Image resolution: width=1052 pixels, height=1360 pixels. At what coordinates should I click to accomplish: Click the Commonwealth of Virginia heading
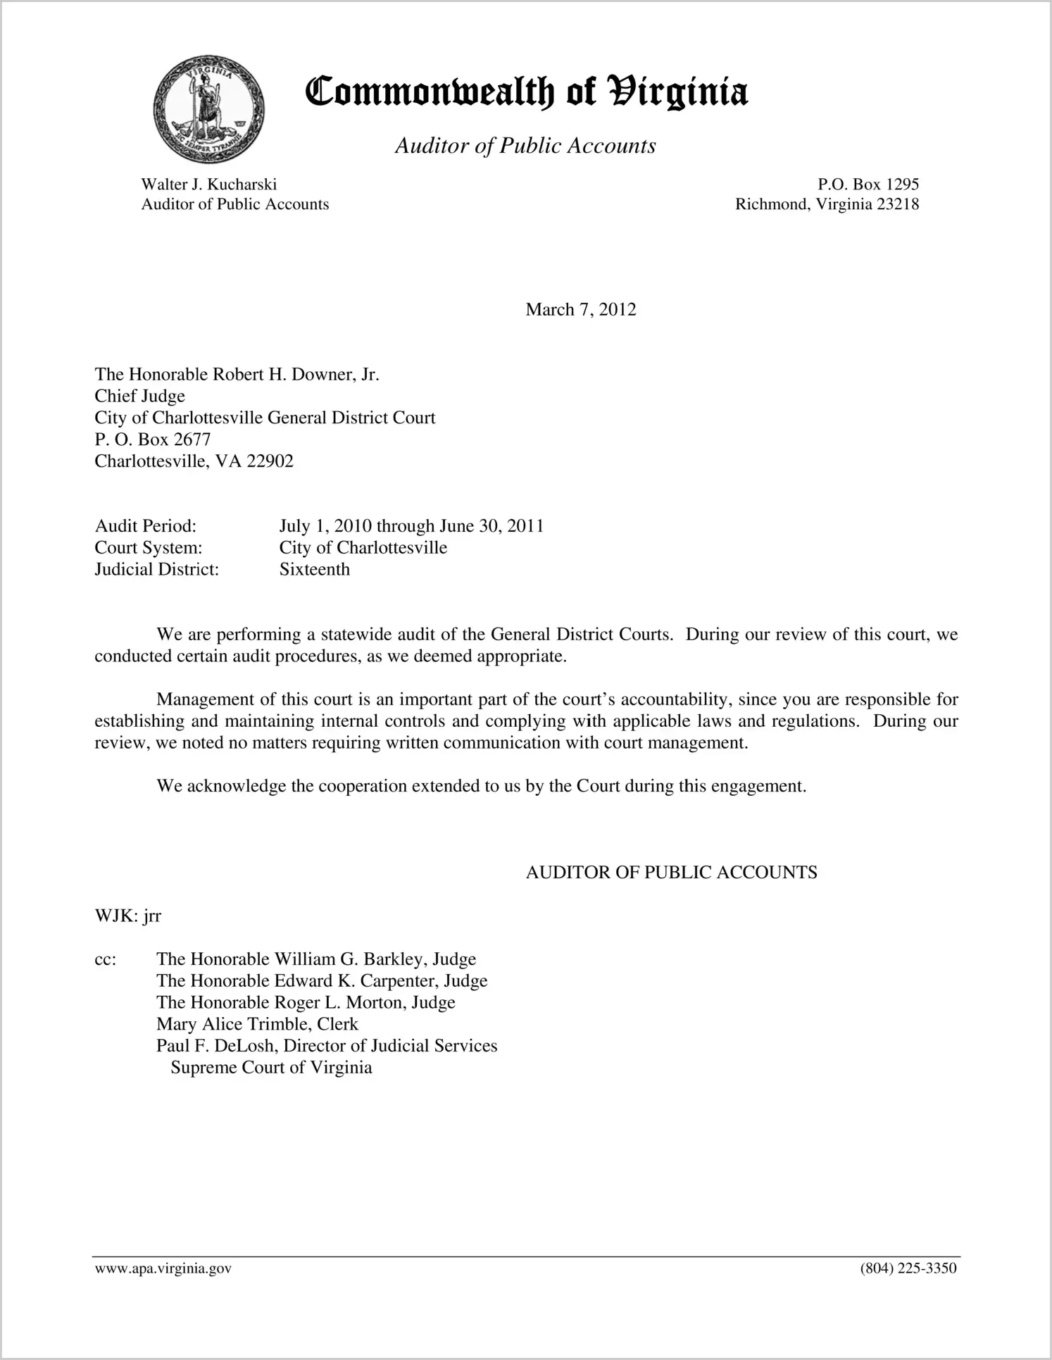pos(526,92)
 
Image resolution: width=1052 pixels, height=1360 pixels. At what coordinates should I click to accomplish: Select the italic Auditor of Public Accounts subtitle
pos(525,146)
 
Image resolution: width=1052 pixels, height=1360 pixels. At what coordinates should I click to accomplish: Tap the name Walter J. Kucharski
pos(208,185)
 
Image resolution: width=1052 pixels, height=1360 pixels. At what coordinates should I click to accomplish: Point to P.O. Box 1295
pos(868,185)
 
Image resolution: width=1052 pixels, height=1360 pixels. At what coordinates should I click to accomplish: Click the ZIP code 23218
pos(898,204)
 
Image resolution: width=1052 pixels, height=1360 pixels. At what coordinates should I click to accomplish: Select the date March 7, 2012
pos(580,310)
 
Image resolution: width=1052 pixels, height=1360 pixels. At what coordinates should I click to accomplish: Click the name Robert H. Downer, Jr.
pos(296,374)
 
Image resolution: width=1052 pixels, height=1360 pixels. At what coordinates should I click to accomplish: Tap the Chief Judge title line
pos(139,396)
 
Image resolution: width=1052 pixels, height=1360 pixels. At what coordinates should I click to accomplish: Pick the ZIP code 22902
pos(270,461)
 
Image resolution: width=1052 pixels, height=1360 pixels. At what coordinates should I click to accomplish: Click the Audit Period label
pos(145,526)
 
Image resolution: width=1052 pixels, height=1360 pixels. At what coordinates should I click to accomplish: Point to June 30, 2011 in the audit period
pos(491,526)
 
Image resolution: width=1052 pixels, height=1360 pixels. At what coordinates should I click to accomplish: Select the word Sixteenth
pos(314,569)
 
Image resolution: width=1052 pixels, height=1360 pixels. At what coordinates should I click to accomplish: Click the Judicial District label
pos(156,569)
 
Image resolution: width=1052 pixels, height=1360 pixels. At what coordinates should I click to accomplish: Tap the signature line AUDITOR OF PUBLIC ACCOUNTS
pos(671,873)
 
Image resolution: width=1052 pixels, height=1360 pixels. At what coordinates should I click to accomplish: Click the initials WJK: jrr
pos(127,916)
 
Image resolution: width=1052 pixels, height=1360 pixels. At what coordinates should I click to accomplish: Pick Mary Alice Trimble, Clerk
pos(257,1024)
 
